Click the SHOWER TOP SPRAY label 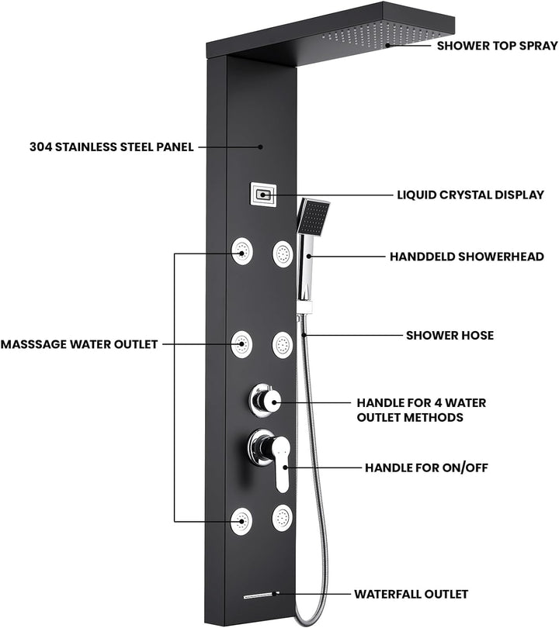point(497,46)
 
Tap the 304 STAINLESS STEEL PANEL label point(112,147)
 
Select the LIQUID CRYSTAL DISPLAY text point(470,195)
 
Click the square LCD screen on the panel point(263,195)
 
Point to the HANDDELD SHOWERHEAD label point(467,257)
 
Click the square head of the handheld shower point(313,217)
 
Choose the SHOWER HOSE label point(450,335)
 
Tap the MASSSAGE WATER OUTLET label point(79,344)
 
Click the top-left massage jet point(241,251)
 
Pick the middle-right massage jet point(283,345)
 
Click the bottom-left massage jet point(241,521)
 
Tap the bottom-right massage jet point(283,518)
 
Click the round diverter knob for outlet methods point(265,401)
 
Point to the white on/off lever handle point(282,464)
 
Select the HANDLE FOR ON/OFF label point(426,468)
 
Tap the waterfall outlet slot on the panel point(261,595)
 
